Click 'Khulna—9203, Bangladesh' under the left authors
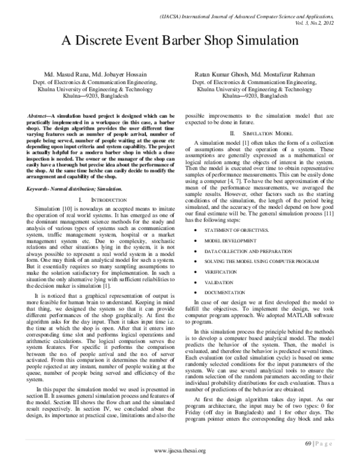[97, 95]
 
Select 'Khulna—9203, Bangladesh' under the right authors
[259, 95]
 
